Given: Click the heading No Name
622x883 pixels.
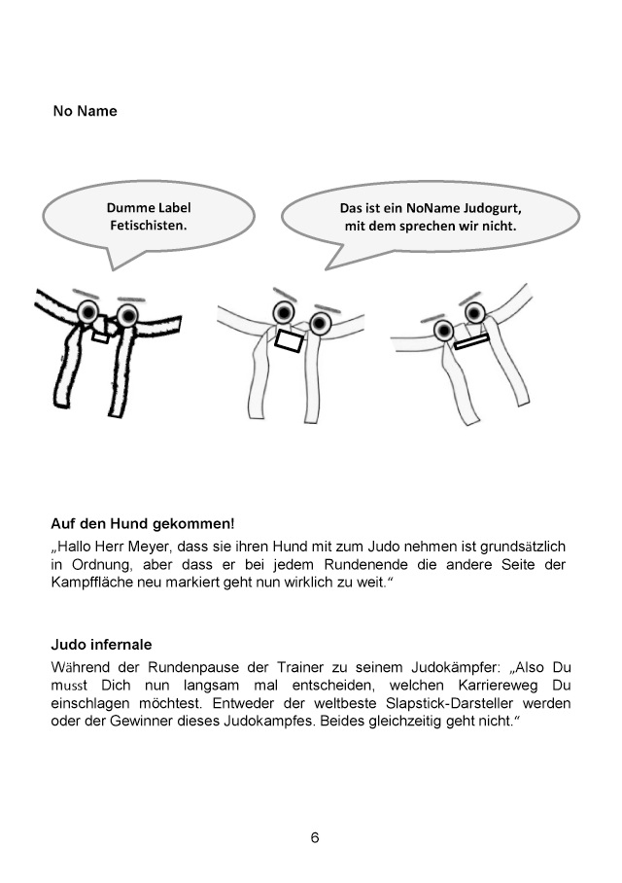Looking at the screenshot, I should (x=85, y=111).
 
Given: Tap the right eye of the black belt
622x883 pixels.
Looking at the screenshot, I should (x=127, y=314).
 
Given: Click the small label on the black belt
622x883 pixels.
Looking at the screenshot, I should (x=100, y=337).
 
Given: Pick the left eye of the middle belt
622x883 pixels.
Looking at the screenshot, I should (x=284, y=311).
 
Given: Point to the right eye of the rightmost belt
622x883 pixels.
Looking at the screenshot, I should (x=474, y=312).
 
